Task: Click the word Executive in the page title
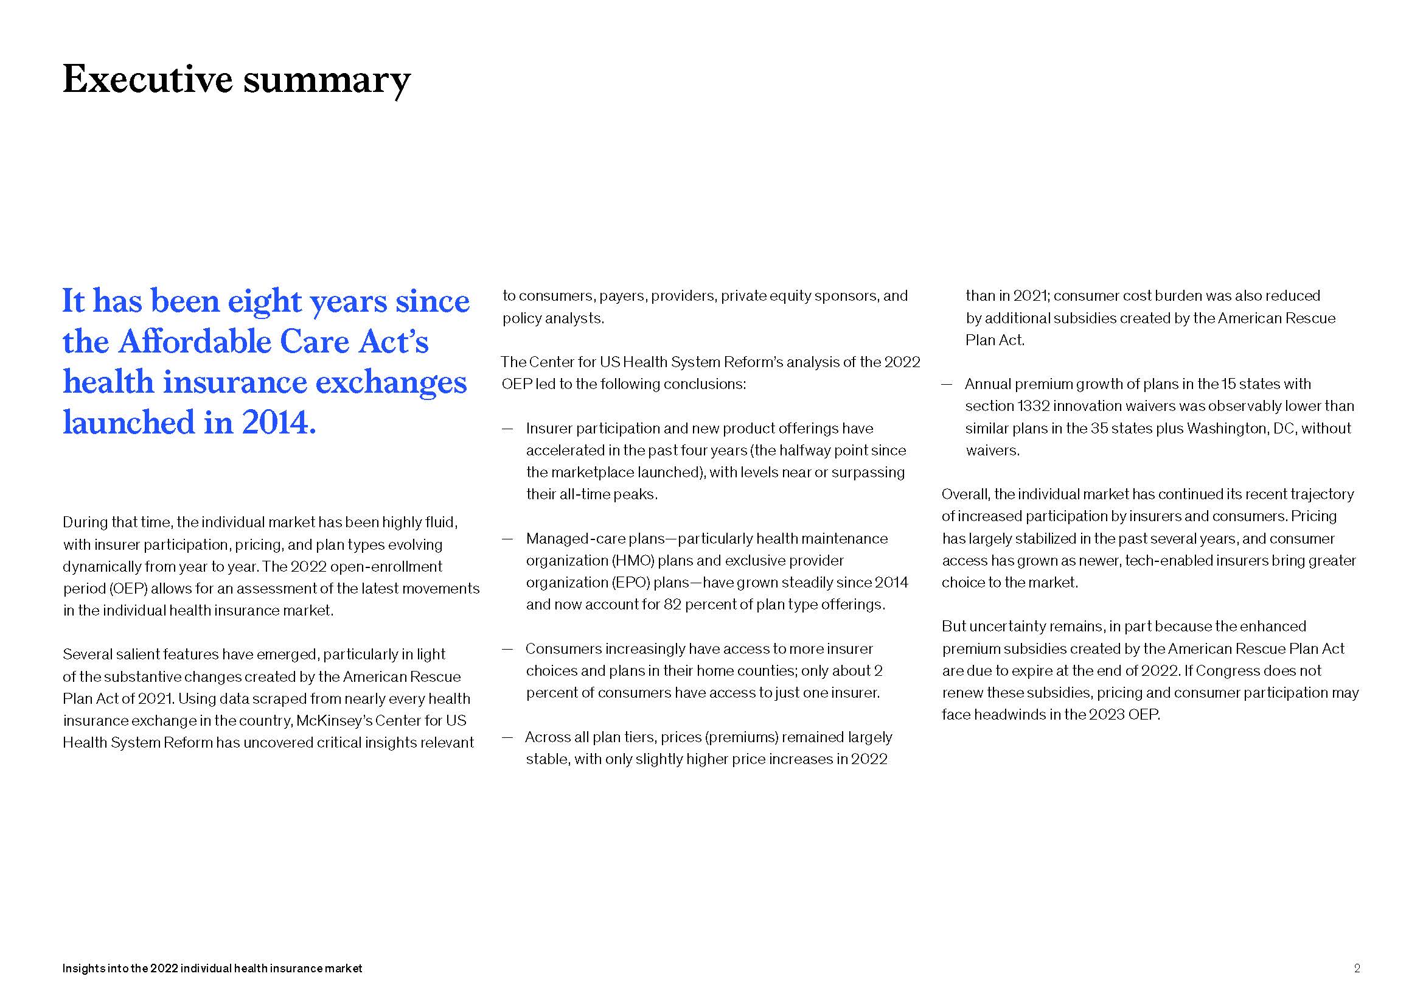pyautogui.click(x=147, y=79)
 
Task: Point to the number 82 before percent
pyautogui.click(x=672, y=605)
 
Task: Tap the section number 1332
pyautogui.click(x=1032, y=406)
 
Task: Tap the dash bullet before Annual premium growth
pyautogui.click(x=947, y=384)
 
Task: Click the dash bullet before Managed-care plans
pyautogui.click(x=507, y=539)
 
